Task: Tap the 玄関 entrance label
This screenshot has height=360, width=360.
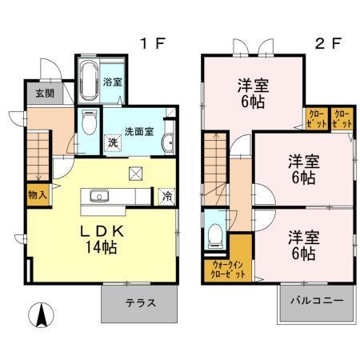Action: point(44,94)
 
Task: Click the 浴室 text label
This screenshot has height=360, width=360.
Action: point(112,82)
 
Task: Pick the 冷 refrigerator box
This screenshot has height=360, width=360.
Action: point(166,194)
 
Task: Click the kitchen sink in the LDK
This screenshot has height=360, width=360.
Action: point(101,195)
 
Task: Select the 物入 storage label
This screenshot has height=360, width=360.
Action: point(37,194)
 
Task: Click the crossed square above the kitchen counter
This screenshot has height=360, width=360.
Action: point(136,171)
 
